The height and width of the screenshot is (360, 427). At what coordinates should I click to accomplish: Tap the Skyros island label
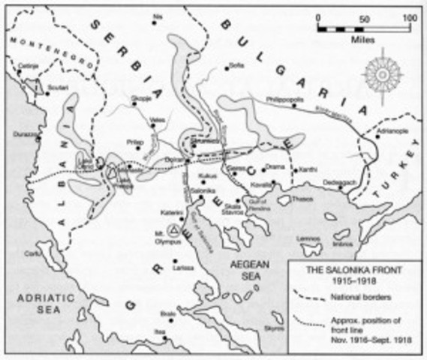(274, 328)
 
